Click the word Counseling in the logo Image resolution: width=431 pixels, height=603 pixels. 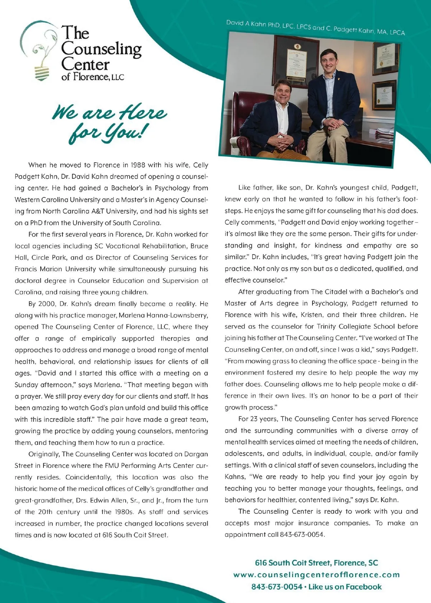101,49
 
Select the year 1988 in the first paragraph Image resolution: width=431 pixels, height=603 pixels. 138,165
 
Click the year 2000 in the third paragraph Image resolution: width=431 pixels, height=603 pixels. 47,304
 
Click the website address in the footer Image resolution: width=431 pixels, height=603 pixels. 316,575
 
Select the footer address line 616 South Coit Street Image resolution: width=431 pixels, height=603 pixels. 316,563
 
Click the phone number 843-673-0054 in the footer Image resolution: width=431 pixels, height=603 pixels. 277,587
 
